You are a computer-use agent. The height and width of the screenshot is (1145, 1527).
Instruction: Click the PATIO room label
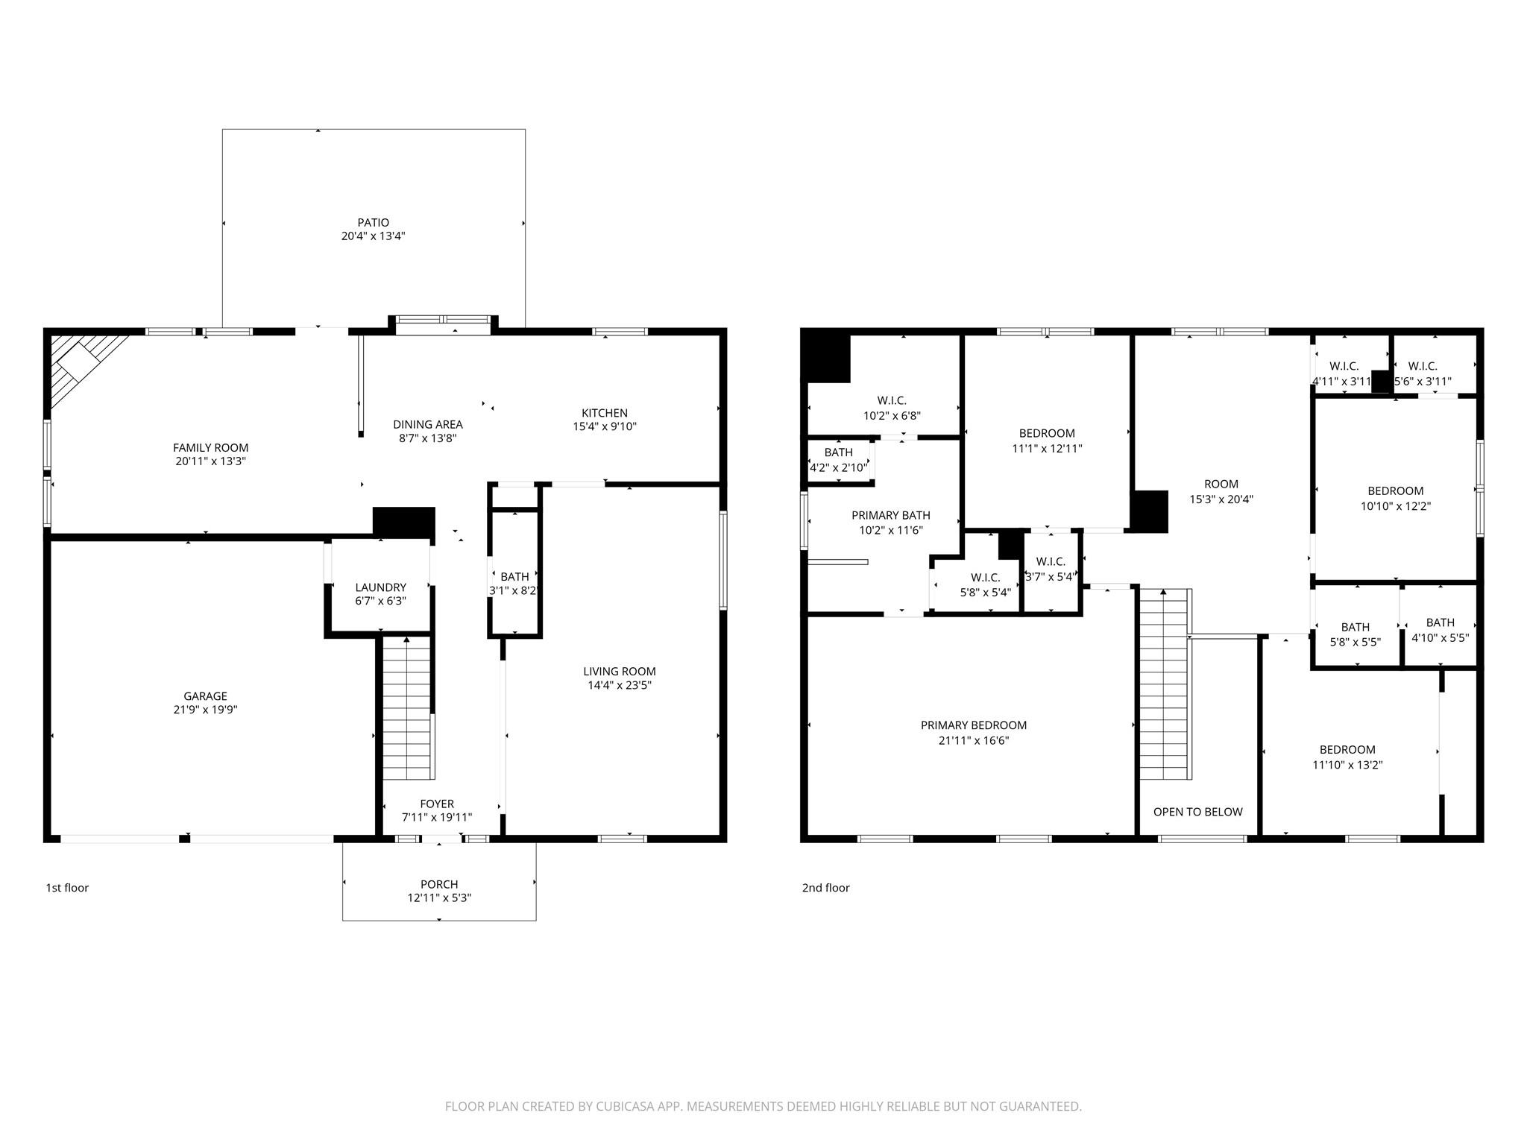point(373,222)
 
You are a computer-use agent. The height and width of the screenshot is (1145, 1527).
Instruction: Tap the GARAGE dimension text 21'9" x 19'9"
point(205,710)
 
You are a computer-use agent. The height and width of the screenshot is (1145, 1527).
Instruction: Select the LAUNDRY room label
point(380,587)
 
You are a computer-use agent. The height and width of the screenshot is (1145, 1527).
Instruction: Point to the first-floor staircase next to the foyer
point(407,707)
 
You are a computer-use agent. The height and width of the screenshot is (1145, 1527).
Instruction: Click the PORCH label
point(439,884)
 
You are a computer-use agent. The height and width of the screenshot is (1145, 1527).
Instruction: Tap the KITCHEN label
point(605,413)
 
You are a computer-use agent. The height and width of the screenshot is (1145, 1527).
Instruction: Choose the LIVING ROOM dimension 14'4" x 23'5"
point(620,685)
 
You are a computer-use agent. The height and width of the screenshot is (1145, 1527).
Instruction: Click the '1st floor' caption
point(67,888)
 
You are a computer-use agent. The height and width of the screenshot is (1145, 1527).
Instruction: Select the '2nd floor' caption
point(825,888)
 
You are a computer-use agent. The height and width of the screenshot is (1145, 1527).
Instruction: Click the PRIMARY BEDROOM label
point(974,725)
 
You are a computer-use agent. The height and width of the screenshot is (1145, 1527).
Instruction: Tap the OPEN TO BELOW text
point(1197,812)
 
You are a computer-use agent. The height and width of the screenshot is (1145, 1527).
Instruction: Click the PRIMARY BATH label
point(891,515)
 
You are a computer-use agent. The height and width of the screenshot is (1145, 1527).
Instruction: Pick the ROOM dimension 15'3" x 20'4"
point(1221,499)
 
